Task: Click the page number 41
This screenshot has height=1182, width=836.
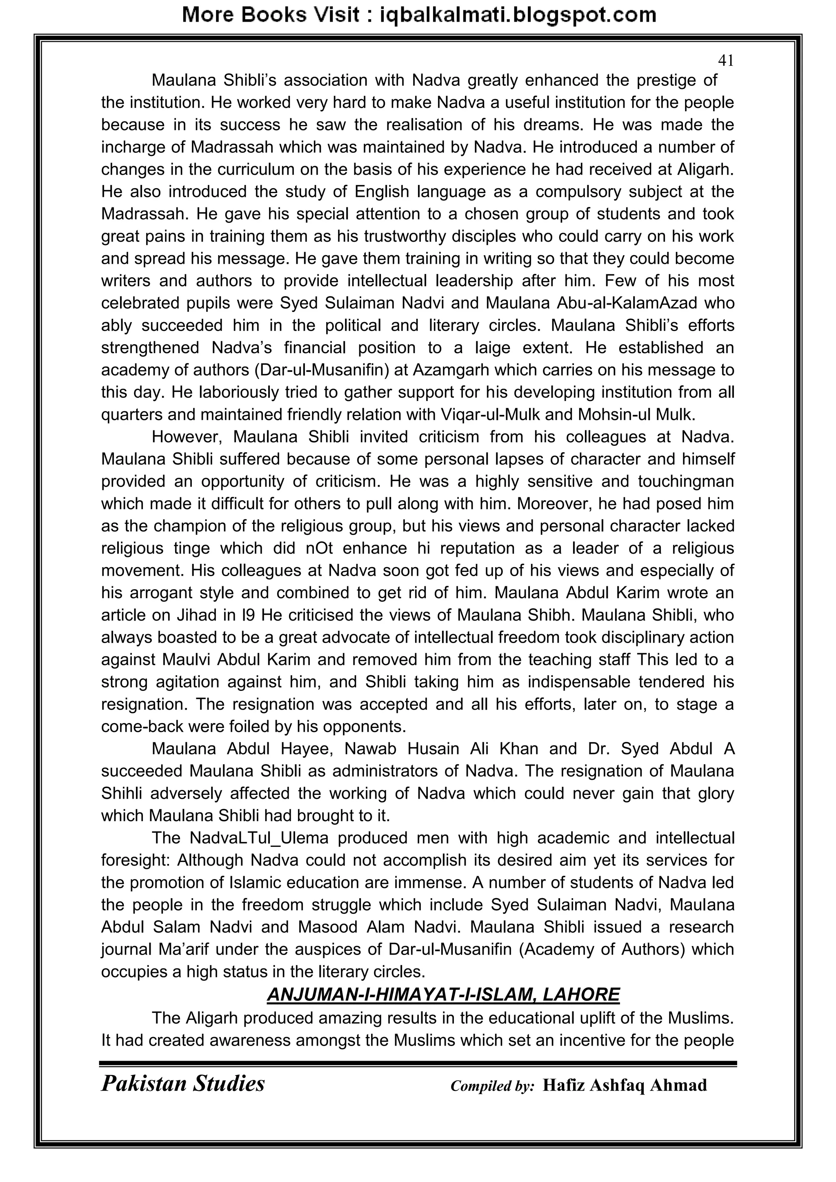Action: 725,61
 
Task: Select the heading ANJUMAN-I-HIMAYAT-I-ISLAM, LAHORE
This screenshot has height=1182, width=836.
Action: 443,994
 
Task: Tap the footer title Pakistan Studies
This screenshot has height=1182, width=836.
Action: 183,1084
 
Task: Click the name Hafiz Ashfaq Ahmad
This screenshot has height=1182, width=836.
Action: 625,1085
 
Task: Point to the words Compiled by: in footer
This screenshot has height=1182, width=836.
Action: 492,1086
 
